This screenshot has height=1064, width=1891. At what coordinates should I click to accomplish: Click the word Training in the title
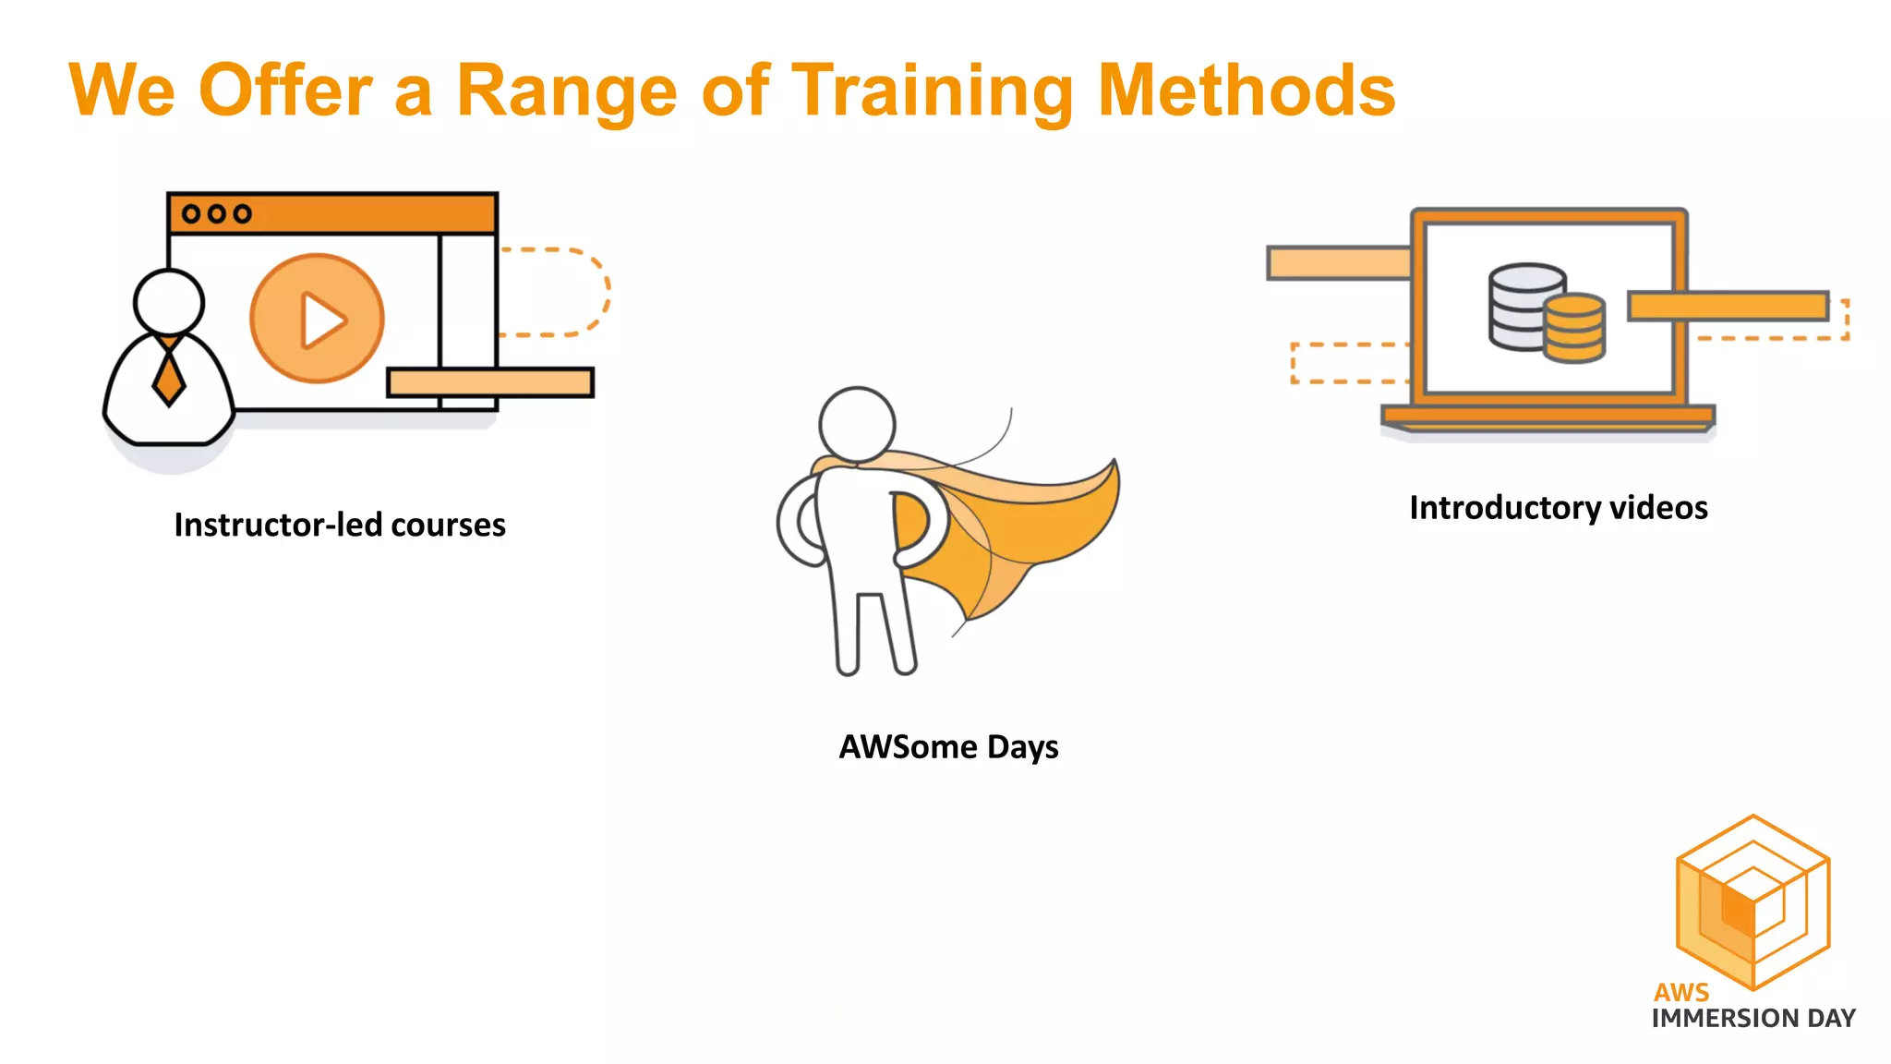click(x=933, y=91)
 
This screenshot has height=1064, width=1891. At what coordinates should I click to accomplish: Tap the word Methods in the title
click(x=1247, y=91)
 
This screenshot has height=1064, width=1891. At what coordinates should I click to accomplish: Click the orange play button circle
click(x=317, y=319)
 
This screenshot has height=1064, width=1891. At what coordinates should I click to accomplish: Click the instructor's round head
click(x=168, y=302)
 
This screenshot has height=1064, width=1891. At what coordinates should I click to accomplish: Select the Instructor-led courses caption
click(x=340, y=525)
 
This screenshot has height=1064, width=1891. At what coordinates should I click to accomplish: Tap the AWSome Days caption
click(x=948, y=746)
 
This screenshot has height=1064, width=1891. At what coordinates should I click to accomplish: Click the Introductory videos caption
click(x=1558, y=507)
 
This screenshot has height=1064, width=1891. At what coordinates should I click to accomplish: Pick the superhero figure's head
click(x=857, y=424)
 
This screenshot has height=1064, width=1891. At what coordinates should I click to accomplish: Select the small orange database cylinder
click(x=1574, y=328)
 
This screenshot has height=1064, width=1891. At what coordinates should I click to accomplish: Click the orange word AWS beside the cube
click(x=1680, y=992)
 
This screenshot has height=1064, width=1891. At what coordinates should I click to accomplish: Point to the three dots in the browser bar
click(x=216, y=214)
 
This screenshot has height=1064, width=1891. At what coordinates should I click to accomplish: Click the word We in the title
click(x=122, y=91)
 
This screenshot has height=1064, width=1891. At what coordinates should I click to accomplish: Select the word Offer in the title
click(x=285, y=91)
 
